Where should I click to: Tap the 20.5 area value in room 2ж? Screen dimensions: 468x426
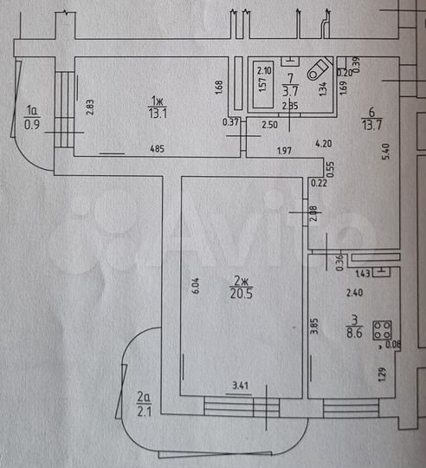pyautogui.click(x=241, y=294)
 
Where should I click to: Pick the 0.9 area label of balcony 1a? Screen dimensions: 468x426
pyautogui.click(x=33, y=123)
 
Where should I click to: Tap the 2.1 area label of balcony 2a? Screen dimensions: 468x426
pyautogui.click(x=144, y=411)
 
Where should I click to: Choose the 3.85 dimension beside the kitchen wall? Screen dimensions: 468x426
pyautogui.click(x=313, y=328)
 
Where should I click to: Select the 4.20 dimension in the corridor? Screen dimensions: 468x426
pyautogui.click(x=324, y=143)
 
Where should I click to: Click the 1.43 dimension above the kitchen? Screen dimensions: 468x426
pyautogui.click(x=364, y=273)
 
